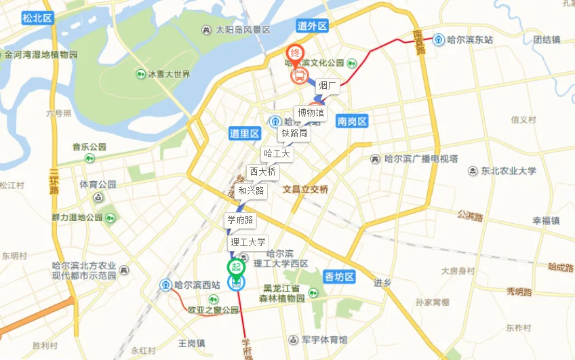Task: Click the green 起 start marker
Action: click(x=236, y=268)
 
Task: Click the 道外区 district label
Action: click(x=312, y=26)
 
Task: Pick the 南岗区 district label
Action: click(x=352, y=121)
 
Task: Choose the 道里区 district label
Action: click(x=245, y=134)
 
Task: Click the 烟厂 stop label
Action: click(x=328, y=85)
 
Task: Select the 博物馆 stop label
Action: click(x=311, y=113)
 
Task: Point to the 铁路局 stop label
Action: click(x=294, y=134)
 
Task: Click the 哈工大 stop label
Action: click(x=277, y=154)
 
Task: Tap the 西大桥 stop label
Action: click(x=262, y=172)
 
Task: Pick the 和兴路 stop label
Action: click(x=251, y=191)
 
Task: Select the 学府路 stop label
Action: click(x=240, y=220)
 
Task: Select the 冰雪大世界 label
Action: click(x=170, y=74)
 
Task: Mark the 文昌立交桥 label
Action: click(x=305, y=190)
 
